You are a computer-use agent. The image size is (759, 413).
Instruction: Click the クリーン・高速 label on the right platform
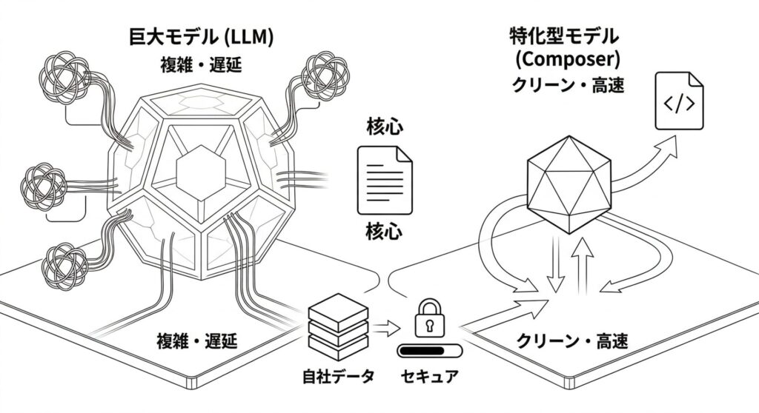click(571, 342)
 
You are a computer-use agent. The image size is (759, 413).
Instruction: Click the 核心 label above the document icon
click(385, 128)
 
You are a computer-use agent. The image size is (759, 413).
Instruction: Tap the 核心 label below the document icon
click(385, 231)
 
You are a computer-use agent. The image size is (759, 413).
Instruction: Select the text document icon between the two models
click(385, 178)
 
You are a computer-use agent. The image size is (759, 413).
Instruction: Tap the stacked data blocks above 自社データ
click(335, 323)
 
